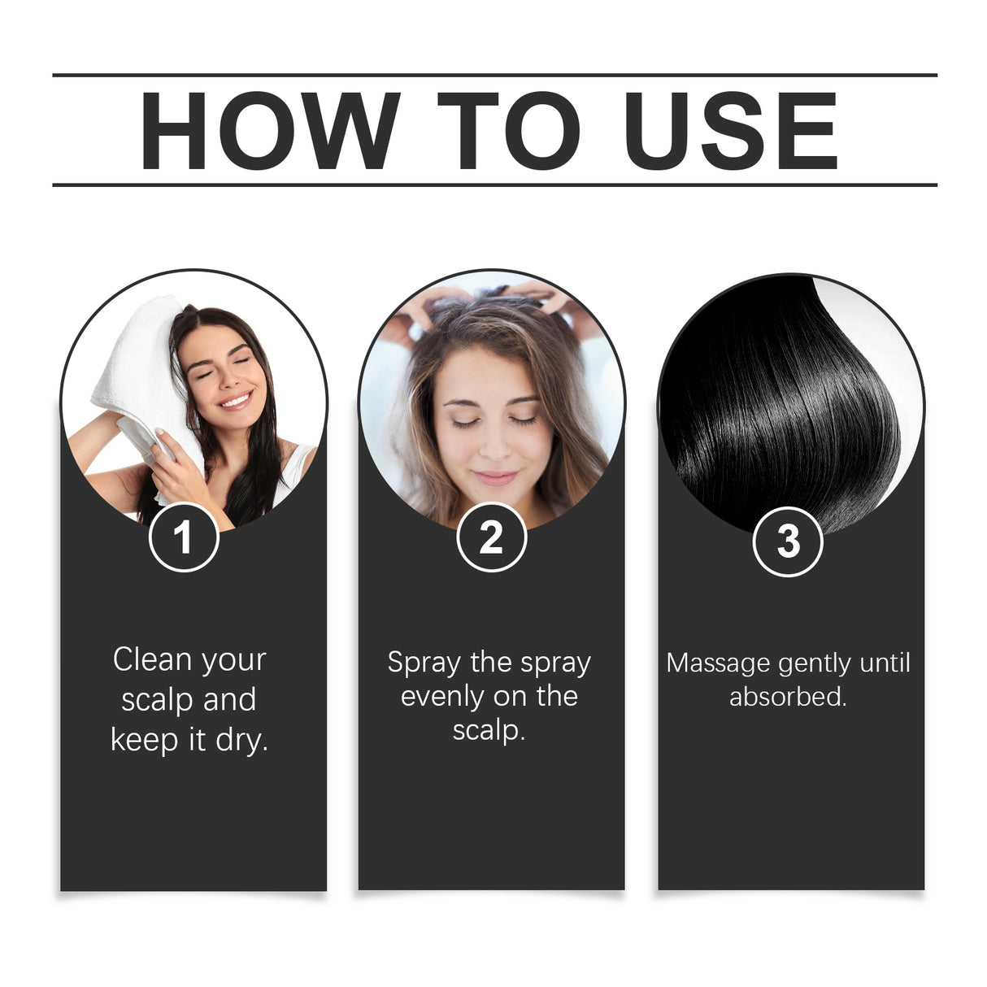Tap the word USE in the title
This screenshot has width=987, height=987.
[x=730, y=131]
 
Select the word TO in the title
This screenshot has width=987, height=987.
[x=509, y=131]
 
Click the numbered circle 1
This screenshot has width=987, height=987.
[x=184, y=537]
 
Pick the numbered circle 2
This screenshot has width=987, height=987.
[x=491, y=537]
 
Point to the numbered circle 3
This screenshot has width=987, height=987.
[x=788, y=541]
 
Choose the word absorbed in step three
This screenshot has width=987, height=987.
[x=787, y=697]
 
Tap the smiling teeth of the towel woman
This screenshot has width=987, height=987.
[x=236, y=400]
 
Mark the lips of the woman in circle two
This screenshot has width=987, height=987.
[x=494, y=477]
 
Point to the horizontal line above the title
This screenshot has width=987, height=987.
[x=494, y=75]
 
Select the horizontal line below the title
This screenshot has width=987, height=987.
[x=494, y=185]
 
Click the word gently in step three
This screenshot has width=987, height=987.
[x=815, y=663]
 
